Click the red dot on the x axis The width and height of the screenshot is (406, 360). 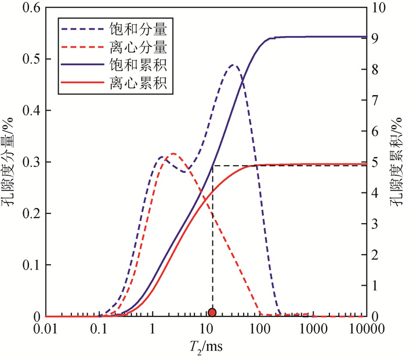[212, 312]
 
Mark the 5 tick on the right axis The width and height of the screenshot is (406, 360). [378, 163]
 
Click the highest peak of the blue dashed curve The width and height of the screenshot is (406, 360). [233, 65]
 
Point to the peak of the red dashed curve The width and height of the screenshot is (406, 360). [172, 154]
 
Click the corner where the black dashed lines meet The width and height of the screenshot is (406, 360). [212, 166]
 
